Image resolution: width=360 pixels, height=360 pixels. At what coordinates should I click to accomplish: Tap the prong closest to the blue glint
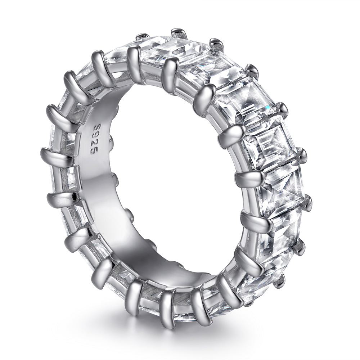pyautogui.click(x=282, y=109)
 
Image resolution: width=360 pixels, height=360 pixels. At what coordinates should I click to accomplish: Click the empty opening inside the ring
pyautogui.click(x=173, y=180)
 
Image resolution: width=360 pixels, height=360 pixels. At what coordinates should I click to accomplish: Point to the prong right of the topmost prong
pyautogui.click(x=217, y=45)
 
